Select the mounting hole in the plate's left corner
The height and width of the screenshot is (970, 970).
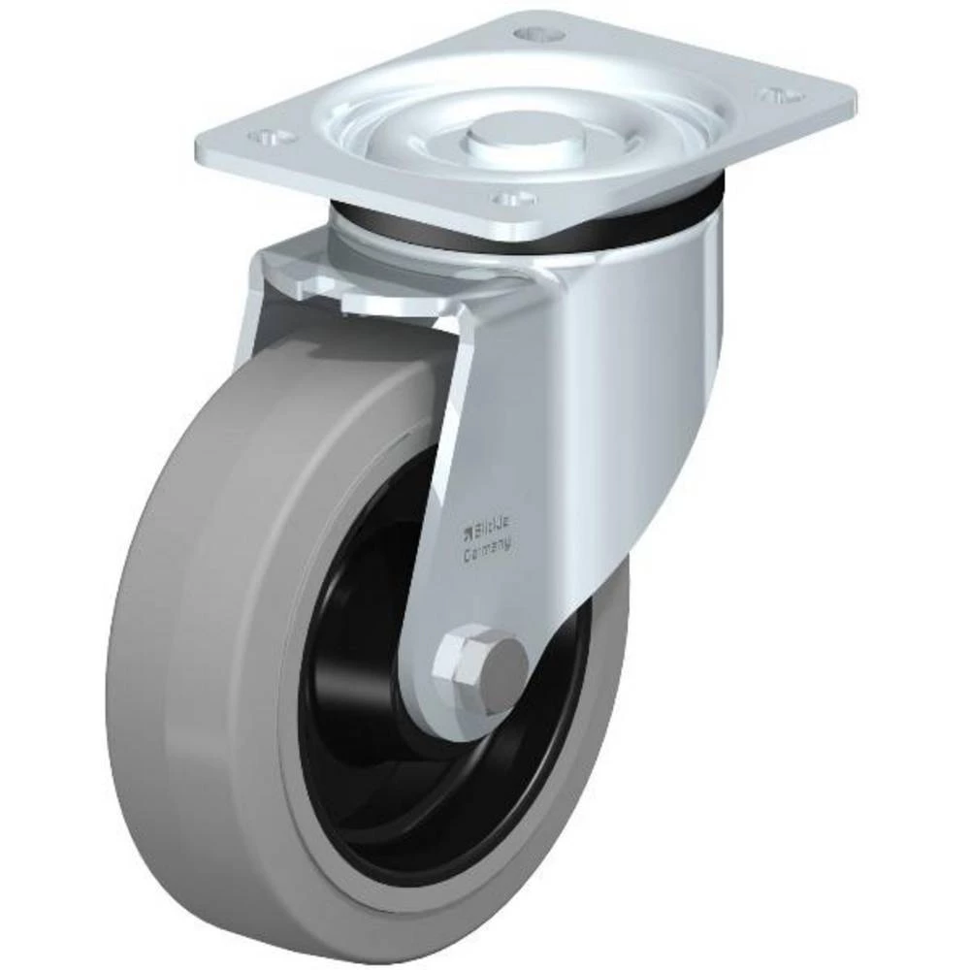270,138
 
